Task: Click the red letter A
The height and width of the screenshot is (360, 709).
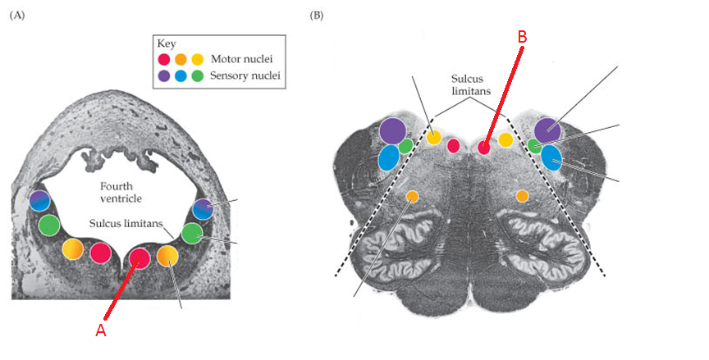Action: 101,330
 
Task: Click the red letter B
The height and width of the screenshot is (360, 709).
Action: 523,37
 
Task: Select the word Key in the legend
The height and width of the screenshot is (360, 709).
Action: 167,43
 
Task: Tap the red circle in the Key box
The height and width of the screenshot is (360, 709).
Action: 164,60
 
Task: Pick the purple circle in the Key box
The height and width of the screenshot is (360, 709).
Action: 164,77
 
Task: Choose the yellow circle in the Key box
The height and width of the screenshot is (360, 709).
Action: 197,60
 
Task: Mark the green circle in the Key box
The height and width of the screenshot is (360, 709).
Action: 197,77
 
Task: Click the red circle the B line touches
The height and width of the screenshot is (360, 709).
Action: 484,148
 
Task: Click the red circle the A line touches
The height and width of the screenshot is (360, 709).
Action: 140,258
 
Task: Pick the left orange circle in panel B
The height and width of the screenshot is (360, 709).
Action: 412,196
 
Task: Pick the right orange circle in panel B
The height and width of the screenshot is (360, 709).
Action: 522,195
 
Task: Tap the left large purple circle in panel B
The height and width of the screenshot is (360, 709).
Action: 393,130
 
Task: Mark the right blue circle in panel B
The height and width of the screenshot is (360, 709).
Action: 551,157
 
